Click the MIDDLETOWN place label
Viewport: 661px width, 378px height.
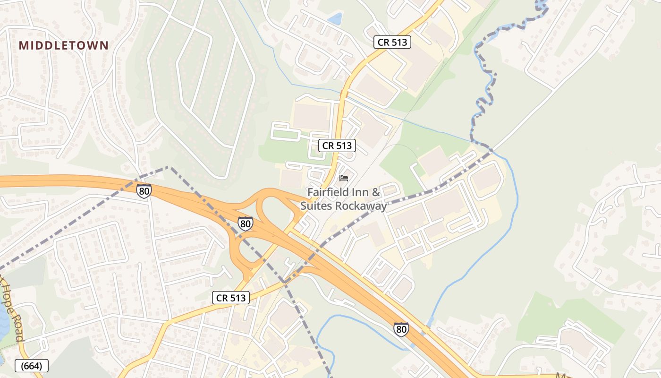click(x=64, y=45)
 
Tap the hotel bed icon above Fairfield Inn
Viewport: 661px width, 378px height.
click(x=344, y=178)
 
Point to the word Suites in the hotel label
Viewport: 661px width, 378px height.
click(x=315, y=206)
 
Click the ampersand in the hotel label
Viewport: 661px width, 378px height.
click(x=376, y=192)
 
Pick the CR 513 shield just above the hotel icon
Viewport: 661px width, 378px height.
click(x=337, y=146)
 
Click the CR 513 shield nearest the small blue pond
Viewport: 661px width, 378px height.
click(x=392, y=42)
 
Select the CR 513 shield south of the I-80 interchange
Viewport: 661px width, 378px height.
click(x=230, y=298)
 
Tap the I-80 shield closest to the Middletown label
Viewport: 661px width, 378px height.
click(x=144, y=191)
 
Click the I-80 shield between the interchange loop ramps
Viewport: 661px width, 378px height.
click(x=245, y=223)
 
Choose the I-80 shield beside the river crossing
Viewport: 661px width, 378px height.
click(x=401, y=329)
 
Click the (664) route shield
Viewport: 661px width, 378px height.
click(x=32, y=366)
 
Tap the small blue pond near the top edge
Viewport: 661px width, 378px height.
click(x=335, y=18)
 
